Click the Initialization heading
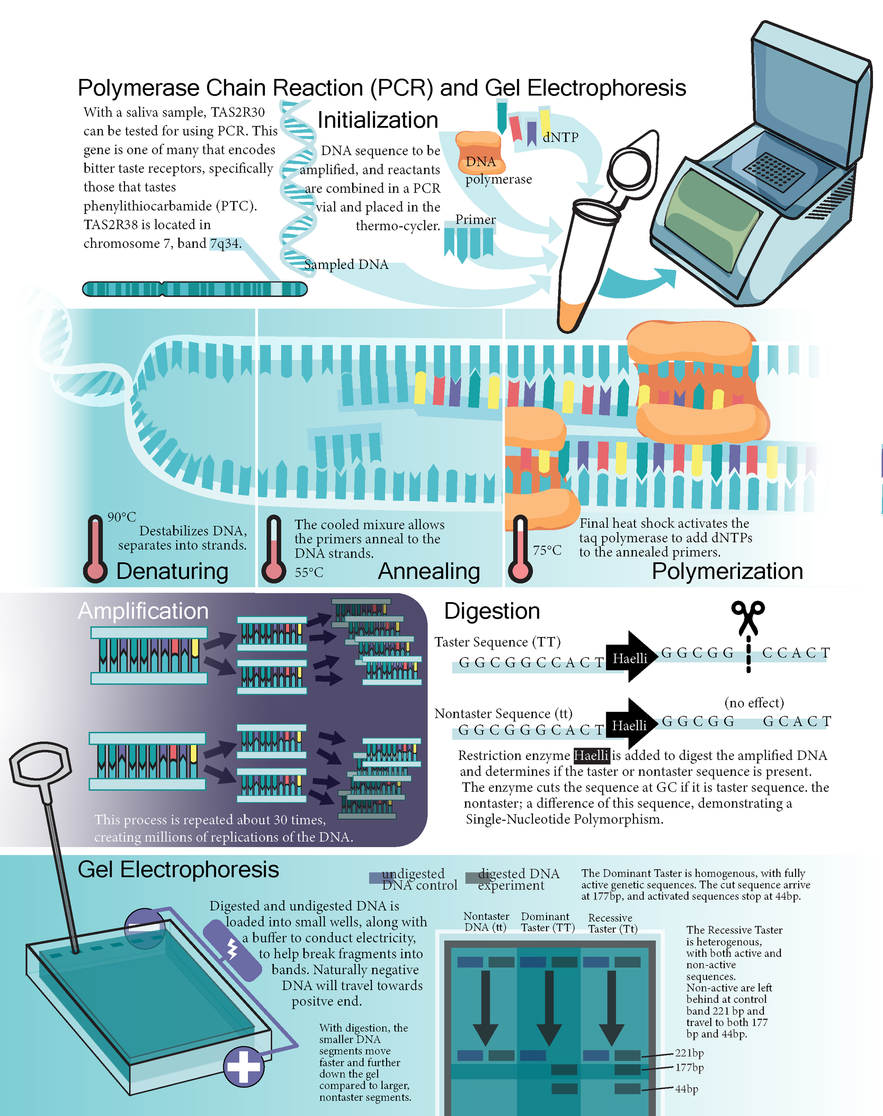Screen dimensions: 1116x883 [378, 120]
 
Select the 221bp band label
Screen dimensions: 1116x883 [689, 1053]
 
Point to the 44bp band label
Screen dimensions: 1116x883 [687, 1089]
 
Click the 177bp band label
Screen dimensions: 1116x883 [689, 1067]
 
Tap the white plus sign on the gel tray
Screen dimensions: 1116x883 [243, 1066]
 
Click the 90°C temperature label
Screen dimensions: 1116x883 [122, 517]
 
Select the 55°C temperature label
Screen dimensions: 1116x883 [309, 572]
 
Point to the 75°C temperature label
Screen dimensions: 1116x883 [547, 550]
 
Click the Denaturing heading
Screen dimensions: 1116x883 [172, 571]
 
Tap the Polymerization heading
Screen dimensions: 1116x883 [727, 571]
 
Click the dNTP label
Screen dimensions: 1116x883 [561, 137]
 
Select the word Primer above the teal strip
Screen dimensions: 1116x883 [475, 220]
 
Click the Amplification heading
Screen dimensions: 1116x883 [143, 611]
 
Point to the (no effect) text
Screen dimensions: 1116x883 [754, 703]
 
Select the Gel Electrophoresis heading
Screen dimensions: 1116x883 [178, 870]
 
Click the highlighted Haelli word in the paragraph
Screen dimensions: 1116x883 [591, 755]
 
